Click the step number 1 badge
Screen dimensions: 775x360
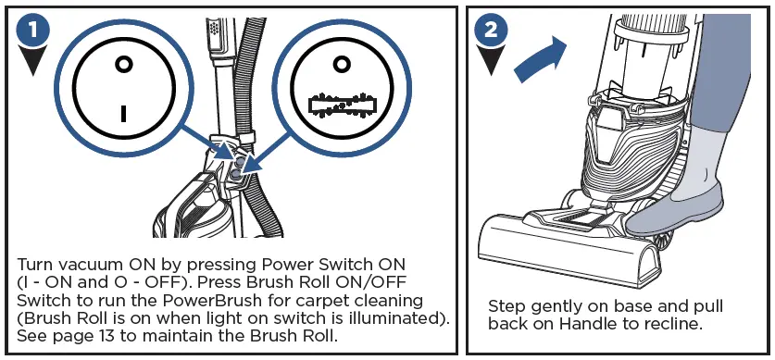[x=32, y=31]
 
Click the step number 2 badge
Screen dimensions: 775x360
[x=491, y=31]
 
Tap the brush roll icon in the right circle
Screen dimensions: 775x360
[x=342, y=105]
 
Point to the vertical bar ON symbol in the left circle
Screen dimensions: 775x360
[x=123, y=113]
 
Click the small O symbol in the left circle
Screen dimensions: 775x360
[x=123, y=64]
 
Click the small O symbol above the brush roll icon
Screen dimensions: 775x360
[x=341, y=64]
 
